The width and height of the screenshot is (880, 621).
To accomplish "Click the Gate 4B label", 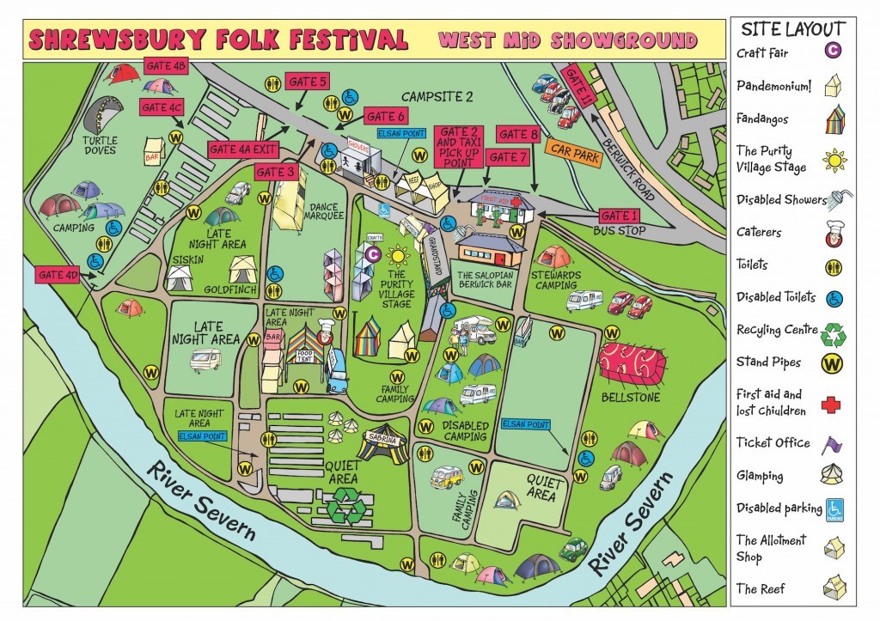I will click(167, 66).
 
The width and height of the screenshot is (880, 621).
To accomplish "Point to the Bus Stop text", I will click(619, 232).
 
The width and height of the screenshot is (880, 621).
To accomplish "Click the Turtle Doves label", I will click(101, 144).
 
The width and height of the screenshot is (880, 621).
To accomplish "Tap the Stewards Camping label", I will click(552, 278).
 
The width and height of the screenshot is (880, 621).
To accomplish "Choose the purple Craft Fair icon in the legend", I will click(833, 51).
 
